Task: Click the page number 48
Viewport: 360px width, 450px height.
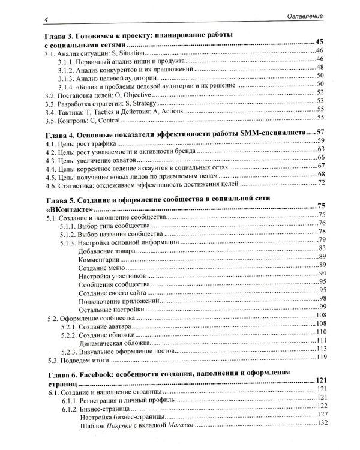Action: tap(320, 67)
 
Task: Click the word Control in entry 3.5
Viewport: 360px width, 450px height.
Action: tap(106, 119)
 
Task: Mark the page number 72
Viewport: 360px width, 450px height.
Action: tap(321, 183)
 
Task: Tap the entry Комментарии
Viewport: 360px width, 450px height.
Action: tap(98, 257)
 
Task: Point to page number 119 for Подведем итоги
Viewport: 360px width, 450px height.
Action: tap(320, 358)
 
